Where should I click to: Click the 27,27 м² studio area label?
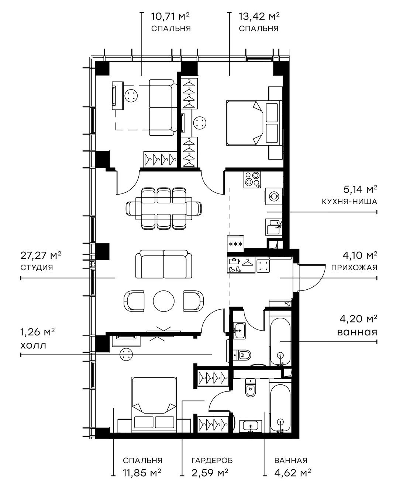point(41,255)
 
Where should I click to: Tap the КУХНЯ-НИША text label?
point(349,202)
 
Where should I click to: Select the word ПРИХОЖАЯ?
point(354,268)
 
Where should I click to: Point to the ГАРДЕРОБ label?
point(212,460)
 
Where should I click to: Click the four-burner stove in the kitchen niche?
point(252,179)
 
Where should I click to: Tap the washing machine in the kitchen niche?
point(274,196)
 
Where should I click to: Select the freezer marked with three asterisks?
point(236,244)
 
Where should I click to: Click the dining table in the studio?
point(164,209)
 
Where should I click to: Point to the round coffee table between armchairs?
point(164,301)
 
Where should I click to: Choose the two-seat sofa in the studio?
point(163,264)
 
